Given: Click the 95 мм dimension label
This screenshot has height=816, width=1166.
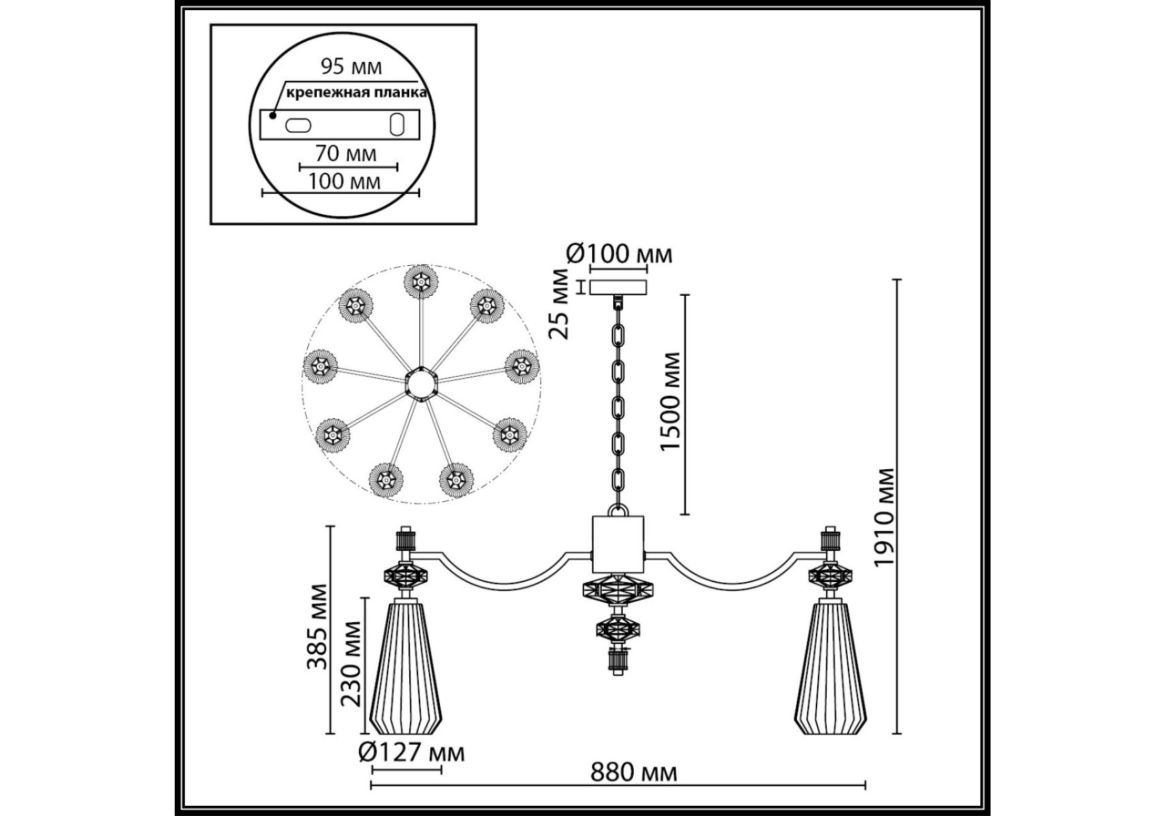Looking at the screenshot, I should [x=351, y=67].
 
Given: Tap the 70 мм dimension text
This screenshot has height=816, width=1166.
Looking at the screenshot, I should [x=345, y=154].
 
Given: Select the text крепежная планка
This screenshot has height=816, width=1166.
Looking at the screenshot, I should [x=356, y=93].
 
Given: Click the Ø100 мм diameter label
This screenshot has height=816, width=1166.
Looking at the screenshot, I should [x=619, y=254].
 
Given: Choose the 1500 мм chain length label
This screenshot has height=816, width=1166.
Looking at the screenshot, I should [x=670, y=401].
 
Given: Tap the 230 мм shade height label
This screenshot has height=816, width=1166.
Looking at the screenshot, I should [x=351, y=662].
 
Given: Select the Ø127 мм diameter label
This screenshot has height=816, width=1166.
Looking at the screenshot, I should [x=411, y=752].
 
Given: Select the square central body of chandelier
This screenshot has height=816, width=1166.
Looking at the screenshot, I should [x=617, y=544].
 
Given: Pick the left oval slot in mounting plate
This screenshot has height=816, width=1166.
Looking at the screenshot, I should [x=298, y=125].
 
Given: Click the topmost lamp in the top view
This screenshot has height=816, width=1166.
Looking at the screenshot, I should [x=420, y=280].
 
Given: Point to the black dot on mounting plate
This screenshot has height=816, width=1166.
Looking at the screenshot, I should [x=273, y=116].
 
